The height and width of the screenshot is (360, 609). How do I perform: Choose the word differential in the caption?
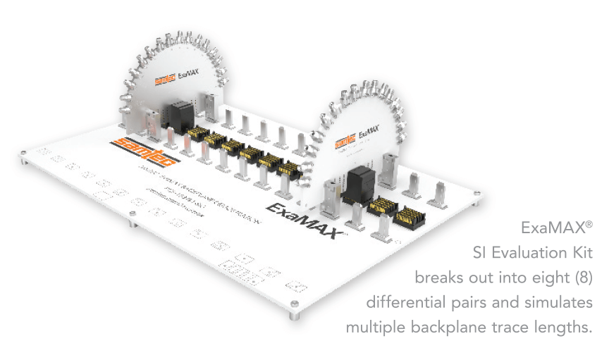[401, 302]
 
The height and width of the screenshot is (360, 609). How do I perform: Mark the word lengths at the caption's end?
[565, 328]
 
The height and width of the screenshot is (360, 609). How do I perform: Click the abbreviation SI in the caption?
[480, 252]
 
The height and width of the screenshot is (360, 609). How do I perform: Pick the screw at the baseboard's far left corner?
[26, 152]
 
